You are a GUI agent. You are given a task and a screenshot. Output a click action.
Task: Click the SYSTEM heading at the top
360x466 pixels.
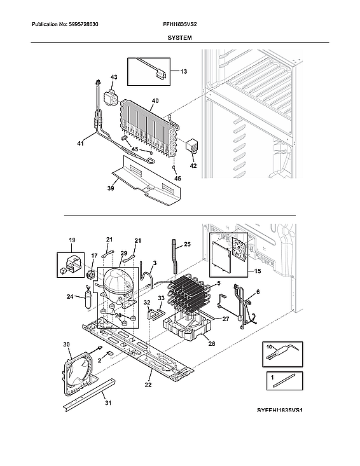[180, 38]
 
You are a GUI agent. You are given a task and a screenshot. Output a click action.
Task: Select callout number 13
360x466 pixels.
[183, 72]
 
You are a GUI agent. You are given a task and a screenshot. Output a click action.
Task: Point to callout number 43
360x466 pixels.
[114, 77]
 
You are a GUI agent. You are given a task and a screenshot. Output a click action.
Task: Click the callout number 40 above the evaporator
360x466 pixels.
[155, 101]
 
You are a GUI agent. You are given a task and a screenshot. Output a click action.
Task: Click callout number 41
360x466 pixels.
[81, 144]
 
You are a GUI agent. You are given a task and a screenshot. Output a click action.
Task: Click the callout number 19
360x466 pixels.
[72, 241]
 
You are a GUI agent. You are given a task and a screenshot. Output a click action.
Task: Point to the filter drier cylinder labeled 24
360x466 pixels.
[88, 298]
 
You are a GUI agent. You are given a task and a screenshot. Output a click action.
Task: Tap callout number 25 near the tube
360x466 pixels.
[187, 243]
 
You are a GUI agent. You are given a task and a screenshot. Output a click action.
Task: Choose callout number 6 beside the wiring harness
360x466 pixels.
[258, 293]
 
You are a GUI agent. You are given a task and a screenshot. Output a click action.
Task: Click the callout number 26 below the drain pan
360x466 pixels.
[212, 344]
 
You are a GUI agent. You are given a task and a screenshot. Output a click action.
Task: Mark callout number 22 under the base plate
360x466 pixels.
[148, 385]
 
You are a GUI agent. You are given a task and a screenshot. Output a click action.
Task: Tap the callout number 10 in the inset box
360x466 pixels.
[269, 347]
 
